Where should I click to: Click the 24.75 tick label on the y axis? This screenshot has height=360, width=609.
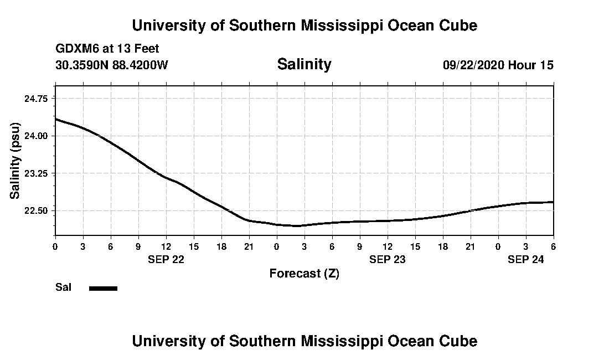click(37, 98)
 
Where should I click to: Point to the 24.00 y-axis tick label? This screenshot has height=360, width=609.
click(37, 136)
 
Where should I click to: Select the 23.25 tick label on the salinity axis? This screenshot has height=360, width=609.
click(37, 173)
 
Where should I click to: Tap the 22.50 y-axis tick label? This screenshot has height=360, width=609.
click(37, 211)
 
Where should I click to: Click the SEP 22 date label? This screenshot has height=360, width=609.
click(166, 259)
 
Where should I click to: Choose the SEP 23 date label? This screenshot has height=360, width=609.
click(388, 259)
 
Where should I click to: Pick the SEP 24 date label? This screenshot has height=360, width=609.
click(526, 259)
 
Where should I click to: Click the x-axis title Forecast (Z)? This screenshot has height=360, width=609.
click(304, 274)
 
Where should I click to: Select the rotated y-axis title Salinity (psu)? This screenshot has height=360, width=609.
click(16, 161)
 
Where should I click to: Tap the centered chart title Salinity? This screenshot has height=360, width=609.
click(304, 64)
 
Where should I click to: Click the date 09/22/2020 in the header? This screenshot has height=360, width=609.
click(473, 65)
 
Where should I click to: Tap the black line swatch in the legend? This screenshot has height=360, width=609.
click(103, 288)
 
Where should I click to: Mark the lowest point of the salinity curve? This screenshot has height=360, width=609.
click(297, 225)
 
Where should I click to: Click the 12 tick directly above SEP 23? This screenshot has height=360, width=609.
click(388, 246)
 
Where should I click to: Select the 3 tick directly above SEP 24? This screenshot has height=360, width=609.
click(526, 246)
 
